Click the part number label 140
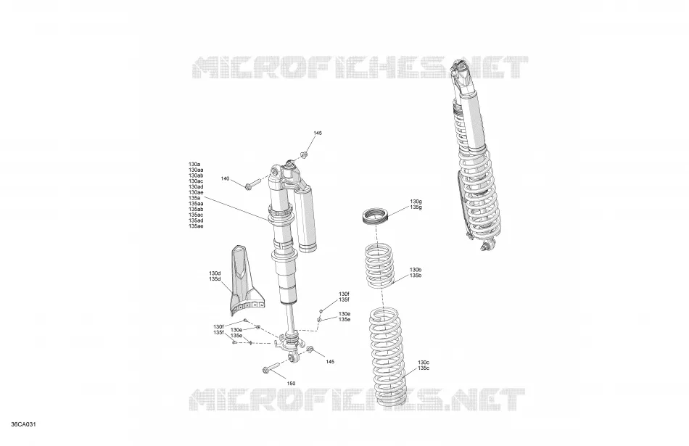point(225,179)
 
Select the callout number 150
point(291,383)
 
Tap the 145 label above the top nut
point(318,133)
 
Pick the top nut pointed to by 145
point(303,154)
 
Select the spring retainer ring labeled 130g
point(376,216)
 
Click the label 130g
point(416,202)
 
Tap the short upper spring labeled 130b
point(380,266)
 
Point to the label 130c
point(424,362)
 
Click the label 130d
point(215,273)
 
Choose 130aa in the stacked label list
point(196,170)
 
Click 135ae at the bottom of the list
point(196,226)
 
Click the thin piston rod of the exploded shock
point(290,318)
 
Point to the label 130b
point(416,270)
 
